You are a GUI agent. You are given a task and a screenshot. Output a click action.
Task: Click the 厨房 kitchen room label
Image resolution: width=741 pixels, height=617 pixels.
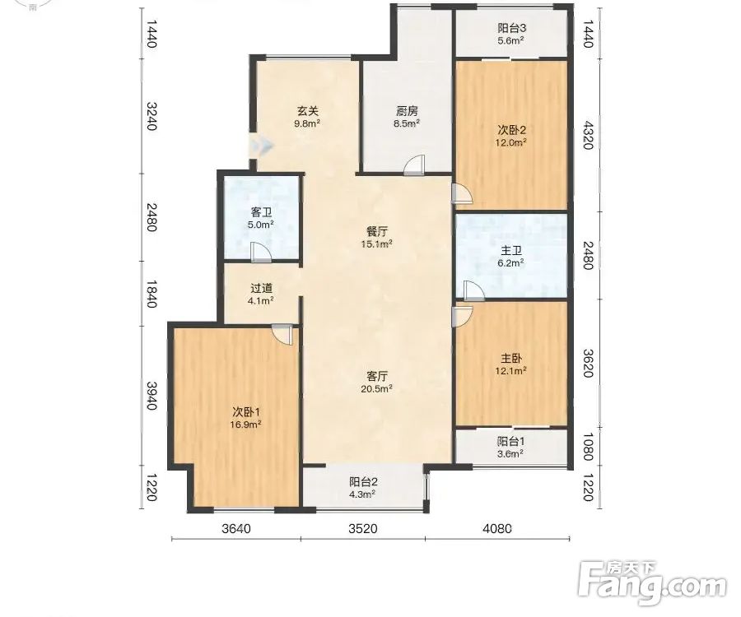coord(407,111)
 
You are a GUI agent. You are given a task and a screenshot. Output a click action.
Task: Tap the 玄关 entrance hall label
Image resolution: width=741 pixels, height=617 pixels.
coord(308,111)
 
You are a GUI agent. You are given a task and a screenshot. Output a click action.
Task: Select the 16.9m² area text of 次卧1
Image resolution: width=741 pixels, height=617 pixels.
coord(245,424)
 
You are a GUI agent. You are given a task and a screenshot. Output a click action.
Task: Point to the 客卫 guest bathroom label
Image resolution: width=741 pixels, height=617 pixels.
coord(261,212)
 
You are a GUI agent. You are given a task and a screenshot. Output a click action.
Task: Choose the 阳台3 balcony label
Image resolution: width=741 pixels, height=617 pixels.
coord(511,28)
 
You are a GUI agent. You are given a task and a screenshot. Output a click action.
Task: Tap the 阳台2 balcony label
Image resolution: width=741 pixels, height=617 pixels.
coord(363,482)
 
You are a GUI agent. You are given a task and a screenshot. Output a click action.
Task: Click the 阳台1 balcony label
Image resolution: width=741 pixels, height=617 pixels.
coord(510,442)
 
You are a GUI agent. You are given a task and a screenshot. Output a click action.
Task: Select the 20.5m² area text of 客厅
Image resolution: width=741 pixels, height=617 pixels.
coord(377,388)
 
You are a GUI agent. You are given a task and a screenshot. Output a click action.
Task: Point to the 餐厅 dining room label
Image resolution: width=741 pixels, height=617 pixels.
coord(377,232)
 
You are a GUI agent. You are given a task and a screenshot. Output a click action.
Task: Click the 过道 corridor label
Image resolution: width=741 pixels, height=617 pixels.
coord(261,288)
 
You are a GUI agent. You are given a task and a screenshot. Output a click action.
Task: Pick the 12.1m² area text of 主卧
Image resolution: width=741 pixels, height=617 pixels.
coord(510,370)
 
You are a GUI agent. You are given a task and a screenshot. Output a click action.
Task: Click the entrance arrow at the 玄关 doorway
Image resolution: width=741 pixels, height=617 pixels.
coord(261,146)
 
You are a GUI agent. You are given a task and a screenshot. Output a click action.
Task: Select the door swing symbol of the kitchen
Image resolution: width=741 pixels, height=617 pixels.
coord(415,165)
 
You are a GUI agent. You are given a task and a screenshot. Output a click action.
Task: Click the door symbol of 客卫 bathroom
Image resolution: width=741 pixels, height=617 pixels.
coord(260,252)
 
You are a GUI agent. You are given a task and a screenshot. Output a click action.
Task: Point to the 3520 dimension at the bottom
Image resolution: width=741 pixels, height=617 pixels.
coord(363,528)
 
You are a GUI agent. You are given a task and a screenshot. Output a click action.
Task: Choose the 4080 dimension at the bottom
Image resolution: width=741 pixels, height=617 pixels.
coord(497,528)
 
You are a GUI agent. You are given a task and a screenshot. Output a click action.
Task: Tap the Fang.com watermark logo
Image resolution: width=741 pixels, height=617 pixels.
coord(653,583)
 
